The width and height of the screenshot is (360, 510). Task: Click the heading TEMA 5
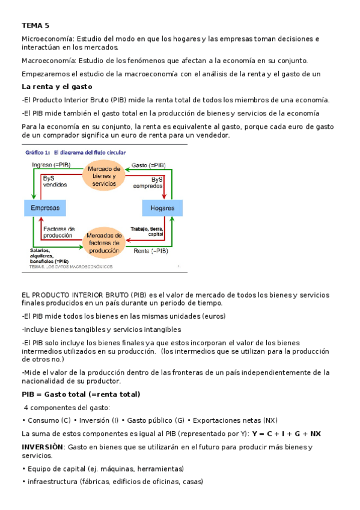pos(35,25)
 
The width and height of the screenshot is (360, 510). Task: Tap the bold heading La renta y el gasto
pos(56,87)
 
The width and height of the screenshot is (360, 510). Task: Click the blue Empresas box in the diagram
pos(45,208)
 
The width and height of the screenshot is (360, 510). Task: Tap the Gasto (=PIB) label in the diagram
pos(148,165)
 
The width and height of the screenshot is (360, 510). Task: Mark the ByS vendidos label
pos(55,182)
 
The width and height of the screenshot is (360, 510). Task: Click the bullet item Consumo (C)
pos(46,420)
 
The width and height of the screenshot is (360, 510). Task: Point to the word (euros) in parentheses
pos(213,316)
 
